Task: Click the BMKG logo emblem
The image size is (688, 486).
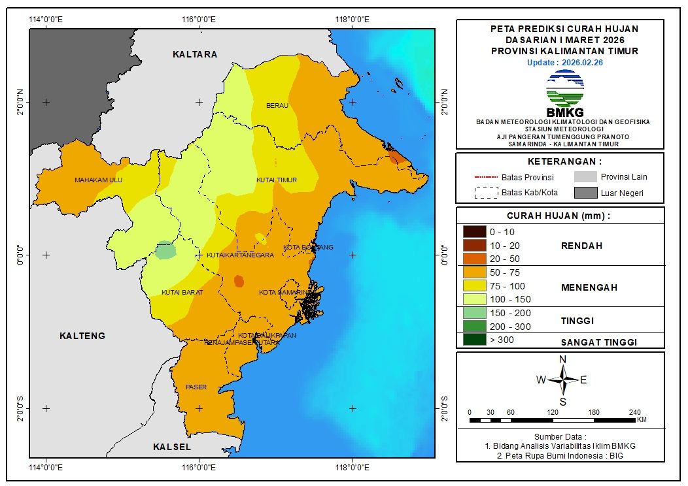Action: tap(564, 88)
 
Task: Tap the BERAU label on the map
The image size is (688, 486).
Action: tap(277, 105)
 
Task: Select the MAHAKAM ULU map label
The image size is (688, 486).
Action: tap(98, 180)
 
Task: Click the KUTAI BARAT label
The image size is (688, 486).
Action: tap(182, 292)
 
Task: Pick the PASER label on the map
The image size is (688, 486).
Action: tap(196, 387)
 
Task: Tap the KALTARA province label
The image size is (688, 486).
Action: tap(195, 54)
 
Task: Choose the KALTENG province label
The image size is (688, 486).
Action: tap(82, 336)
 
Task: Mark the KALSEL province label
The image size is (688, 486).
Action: tap(172, 447)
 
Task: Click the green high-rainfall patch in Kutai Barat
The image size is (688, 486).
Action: tap(166, 250)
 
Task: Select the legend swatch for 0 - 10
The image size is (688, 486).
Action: tap(474, 232)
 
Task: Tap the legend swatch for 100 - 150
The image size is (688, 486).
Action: tap(474, 299)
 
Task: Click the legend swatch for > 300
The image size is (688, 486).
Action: tap(474, 340)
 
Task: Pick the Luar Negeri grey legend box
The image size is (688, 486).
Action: tap(586, 193)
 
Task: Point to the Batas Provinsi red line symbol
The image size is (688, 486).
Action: tap(486, 177)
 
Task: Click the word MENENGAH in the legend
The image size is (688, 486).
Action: tap(589, 287)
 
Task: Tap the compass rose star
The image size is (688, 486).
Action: tap(562, 379)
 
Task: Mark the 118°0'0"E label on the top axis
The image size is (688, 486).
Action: tap(353, 18)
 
